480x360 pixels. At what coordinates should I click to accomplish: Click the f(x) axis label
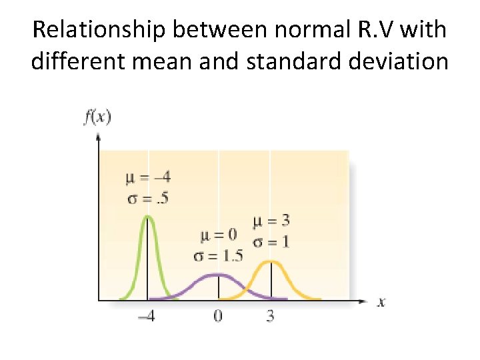coord(97,117)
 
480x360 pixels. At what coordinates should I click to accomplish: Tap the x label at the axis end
coord(381,302)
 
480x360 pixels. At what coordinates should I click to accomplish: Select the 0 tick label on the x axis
coord(218,316)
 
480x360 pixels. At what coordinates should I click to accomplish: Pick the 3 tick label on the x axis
coord(270,316)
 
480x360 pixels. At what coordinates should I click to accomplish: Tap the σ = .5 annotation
coord(147,197)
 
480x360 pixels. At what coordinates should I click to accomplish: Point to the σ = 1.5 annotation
coord(217,256)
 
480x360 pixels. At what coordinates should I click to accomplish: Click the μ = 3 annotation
coord(271,221)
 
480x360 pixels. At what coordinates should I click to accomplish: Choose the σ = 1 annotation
coord(271,241)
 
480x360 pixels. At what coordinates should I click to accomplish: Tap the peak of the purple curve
coord(218,274)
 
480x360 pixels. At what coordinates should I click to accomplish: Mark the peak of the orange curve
coord(270,261)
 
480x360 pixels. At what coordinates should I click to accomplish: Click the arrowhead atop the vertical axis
coord(99,137)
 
